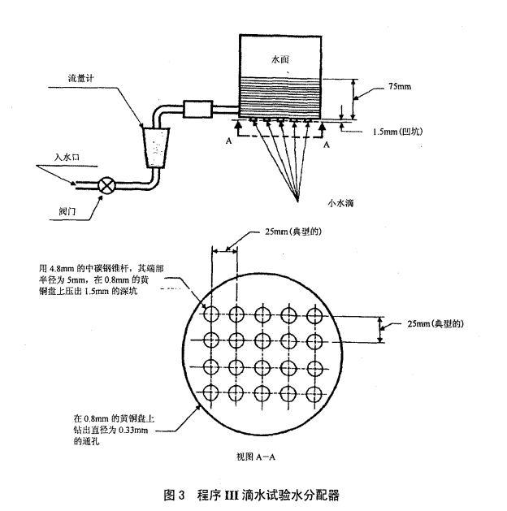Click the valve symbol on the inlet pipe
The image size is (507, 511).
pos(106,185)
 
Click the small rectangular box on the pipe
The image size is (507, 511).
pos(198,108)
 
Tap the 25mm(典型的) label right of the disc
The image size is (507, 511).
pos(435,323)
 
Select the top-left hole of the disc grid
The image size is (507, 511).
pos(211,314)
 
